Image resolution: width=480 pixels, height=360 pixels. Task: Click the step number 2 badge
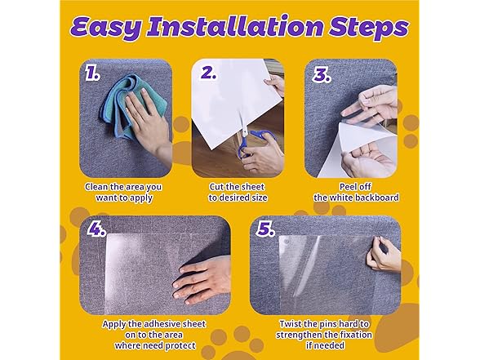coord(209,74)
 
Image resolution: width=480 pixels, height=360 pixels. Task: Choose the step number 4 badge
coord(97,230)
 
